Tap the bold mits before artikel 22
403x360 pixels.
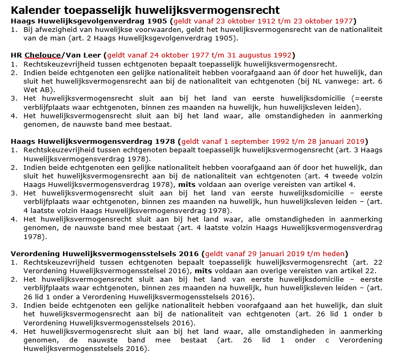coord(203,271)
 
